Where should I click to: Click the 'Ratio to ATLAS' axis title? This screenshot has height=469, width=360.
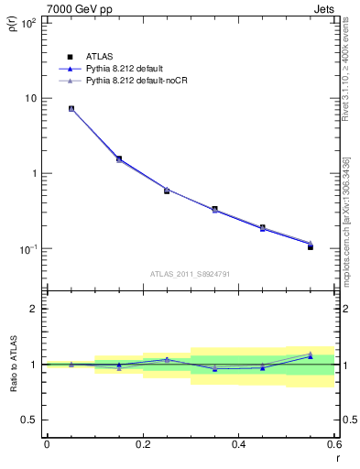[13, 364]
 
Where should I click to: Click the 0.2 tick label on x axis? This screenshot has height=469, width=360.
[142, 445]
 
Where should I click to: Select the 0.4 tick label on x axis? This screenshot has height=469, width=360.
[238, 445]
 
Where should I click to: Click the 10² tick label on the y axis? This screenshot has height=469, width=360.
[27, 23]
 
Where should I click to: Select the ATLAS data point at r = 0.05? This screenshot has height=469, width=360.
[71, 108]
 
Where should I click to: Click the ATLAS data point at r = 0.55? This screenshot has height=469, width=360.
[311, 247]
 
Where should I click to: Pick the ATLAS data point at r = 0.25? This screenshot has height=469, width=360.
[167, 191]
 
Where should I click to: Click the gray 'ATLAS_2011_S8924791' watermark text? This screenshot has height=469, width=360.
[191, 273]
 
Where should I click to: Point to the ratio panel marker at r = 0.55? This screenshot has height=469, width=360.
[311, 355]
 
